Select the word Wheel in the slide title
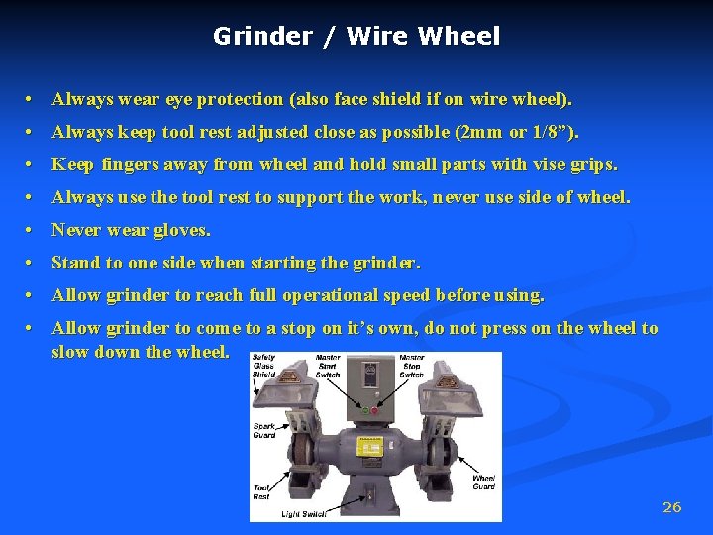coord(459,37)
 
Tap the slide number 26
coord(671,507)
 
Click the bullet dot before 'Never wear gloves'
coord(33,231)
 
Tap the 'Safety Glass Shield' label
coord(264,366)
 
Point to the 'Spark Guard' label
coord(263,431)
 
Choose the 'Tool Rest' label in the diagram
coord(261,491)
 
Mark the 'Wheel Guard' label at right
coord(483,482)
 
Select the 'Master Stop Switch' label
coord(411,366)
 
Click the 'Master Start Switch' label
coord(327,366)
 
